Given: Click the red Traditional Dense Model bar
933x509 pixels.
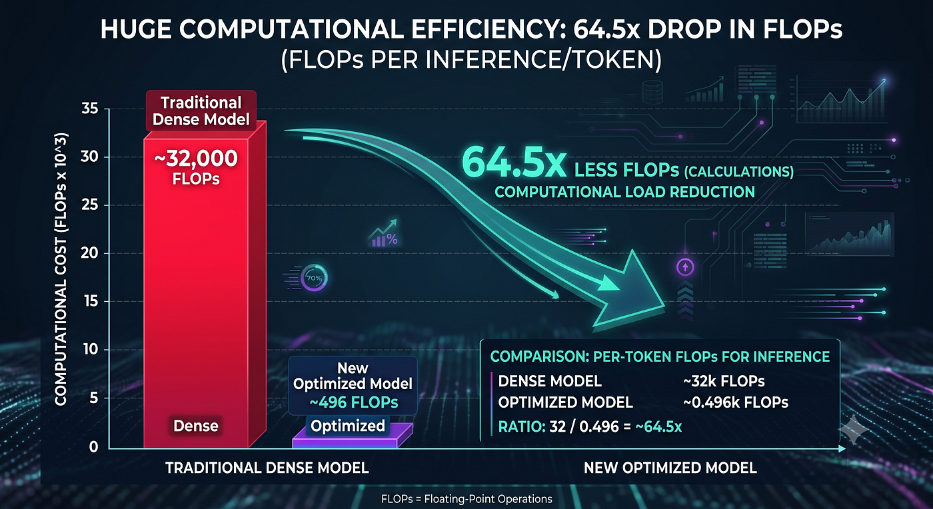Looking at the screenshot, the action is click(x=204, y=287).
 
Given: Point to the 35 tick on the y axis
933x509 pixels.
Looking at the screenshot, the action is click(x=90, y=109).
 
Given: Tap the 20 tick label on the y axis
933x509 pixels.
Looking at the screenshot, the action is click(x=89, y=253).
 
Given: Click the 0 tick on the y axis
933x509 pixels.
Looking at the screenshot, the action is click(x=94, y=447).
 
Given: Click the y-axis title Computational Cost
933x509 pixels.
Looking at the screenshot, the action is click(x=61, y=269).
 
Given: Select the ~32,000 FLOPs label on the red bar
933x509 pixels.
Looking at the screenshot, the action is click(x=196, y=167).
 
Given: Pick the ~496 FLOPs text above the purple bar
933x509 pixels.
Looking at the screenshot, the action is click(x=354, y=402).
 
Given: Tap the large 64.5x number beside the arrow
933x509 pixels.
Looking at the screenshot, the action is click(x=514, y=163).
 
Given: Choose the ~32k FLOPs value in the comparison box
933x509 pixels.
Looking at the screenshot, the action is click(x=724, y=381).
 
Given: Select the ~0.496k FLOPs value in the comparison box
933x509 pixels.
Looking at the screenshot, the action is click(x=736, y=402).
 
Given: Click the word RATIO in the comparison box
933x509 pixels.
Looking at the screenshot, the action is click(x=522, y=427).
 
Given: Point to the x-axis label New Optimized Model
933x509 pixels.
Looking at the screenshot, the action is click(x=670, y=468).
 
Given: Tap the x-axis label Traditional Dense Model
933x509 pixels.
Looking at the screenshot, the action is click(x=267, y=468).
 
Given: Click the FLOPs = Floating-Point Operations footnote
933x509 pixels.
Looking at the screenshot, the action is click(x=467, y=499).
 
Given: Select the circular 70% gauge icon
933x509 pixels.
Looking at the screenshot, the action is click(x=314, y=278).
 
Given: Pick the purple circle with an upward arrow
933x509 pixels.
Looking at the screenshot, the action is click(x=685, y=267).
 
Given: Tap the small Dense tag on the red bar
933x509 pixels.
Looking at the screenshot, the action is click(x=196, y=426).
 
